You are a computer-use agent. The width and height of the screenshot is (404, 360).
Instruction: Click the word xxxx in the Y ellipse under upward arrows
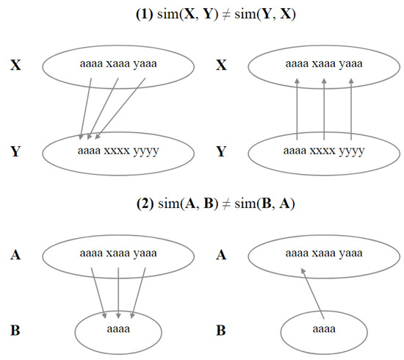click(x=324, y=152)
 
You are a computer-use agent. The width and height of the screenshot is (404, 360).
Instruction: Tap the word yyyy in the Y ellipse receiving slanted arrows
click(x=145, y=152)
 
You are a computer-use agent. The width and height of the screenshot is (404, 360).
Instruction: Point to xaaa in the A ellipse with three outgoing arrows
click(x=118, y=253)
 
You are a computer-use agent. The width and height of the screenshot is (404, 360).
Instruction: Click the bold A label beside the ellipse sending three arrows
click(x=13, y=253)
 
